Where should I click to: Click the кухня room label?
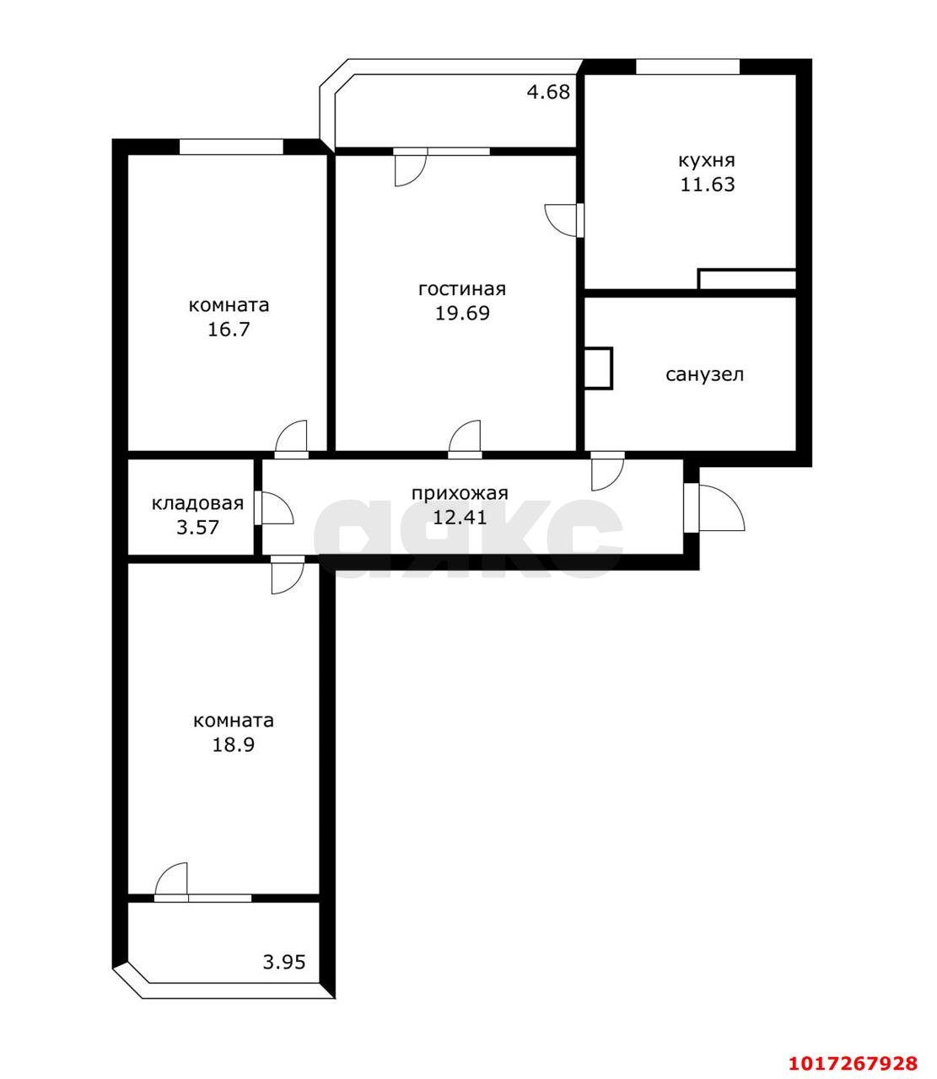tap(706, 160)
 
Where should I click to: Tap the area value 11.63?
tap(707, 185)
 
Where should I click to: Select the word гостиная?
tap(461, 289)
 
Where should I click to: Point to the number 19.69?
tap(462, 314)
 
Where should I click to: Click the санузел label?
tap(704, 374)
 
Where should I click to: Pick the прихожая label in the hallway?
tap(460, 494)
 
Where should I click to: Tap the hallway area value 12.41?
tap(460, 518)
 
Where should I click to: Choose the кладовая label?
tap(198, 503)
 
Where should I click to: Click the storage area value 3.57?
tap(198, 528)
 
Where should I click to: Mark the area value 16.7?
tap(229, 330)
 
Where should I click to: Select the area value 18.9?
tap(233, 744)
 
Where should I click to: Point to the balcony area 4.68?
tap(549, 92)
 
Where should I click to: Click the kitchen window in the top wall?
tap(687, 67)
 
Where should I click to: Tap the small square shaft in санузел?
tap(599, 368)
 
